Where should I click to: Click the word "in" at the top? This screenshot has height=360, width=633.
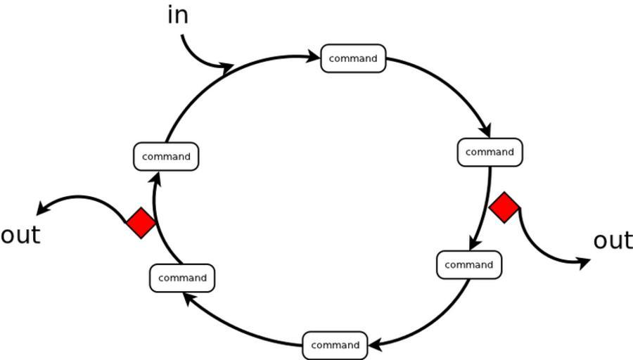178,15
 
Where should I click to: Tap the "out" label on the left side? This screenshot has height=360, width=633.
20,235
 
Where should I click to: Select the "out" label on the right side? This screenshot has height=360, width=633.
613,240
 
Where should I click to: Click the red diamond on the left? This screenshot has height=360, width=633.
141,222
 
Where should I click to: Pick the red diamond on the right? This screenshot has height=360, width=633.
504,207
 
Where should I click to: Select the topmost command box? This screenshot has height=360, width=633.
353,58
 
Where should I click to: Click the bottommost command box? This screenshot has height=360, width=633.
335,345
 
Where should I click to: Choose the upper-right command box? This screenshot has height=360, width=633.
490,152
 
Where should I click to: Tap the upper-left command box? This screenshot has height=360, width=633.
166,156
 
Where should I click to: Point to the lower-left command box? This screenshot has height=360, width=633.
182,278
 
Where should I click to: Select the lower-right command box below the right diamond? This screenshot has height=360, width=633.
468,265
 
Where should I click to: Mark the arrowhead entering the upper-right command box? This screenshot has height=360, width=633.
485,131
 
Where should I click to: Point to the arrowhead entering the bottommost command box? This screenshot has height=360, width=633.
375,345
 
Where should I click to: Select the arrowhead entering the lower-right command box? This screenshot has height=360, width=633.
475,244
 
